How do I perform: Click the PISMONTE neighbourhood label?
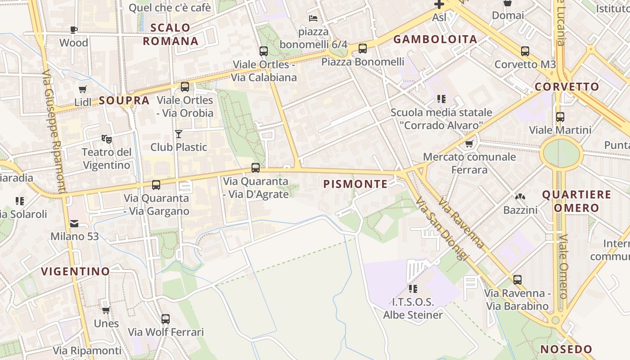(x=355, y=184)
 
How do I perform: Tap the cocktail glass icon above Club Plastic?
(x=179, y=134)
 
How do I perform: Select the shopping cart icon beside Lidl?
(x=82, y=89)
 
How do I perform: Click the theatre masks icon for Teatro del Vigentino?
(x=106, y=139)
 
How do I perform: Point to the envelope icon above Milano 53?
(x=74, y=223)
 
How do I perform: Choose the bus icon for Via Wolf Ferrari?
(x=166, y=319)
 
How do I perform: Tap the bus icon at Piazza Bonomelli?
(x=363, y=49)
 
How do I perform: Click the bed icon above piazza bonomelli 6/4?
(x=313, y=18)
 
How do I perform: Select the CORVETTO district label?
(x=567, y=87)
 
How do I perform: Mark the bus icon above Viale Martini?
(x=560, y=117)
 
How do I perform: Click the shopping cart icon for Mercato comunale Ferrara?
(x=469, y=144)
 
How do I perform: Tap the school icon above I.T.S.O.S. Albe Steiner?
(x=413, y=288)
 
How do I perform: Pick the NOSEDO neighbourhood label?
(x=566, y=349)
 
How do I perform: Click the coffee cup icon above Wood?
(x=74, y=30)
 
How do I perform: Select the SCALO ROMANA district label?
(x=171, y=34)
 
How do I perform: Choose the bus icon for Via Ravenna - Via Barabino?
(x=517, y=280)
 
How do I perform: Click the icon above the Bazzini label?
(x=520, y=197)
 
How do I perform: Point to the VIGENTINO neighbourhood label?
(x=76, y=271)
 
